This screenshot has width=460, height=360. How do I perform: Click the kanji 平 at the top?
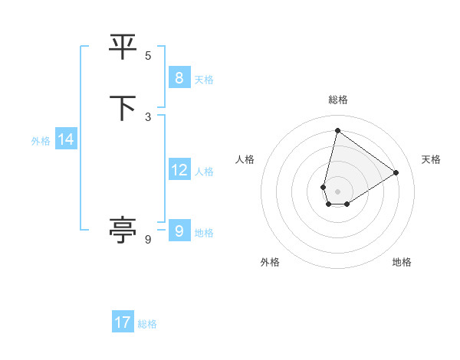coord(123,47)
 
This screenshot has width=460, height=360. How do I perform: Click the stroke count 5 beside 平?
coord(148,55)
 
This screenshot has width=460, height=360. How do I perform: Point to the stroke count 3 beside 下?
coord(148,116)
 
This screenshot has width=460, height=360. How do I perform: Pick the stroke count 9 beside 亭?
coord(148,240)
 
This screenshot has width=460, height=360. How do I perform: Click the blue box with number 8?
coord(179,77)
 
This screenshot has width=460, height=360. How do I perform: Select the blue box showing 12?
coord(179,170)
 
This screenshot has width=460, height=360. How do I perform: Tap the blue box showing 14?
coord(66,139)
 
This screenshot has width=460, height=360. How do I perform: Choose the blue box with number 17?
coord(123,322)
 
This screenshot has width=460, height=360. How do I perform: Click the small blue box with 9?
coord(179,231)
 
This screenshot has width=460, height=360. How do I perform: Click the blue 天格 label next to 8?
coord(204,79)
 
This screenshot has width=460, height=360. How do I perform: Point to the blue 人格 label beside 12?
coord(204,172)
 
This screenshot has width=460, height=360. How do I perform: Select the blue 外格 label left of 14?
coord(41,141)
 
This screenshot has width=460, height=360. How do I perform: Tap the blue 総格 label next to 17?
coord(147,324)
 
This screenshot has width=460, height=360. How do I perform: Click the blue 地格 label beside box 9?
coord(204,233)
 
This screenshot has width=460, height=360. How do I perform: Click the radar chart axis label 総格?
coord(338,100)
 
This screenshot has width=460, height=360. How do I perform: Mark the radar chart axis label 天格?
coord(431,159)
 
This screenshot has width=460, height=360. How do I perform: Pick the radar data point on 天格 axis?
coord(396,172)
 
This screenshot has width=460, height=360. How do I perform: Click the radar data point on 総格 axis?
coord(337,130)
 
